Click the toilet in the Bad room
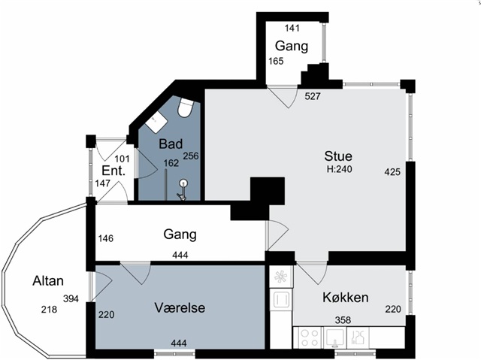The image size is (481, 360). tap(186, 107)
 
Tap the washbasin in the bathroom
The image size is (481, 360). tap(156, 122)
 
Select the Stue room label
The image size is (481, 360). tap(338, 156)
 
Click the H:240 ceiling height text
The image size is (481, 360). tap(339, 169)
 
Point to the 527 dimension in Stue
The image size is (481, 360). tap(313, 96)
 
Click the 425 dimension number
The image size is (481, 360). tap(392, 172)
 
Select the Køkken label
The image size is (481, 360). tap(346, 298)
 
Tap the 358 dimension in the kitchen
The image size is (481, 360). tap(343, 320)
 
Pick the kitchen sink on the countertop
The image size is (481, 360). tap(334, 337)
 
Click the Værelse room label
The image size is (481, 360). tap(180, 307)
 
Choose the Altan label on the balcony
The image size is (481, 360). tap(48, 281)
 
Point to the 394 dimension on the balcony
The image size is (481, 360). tap(71, 298)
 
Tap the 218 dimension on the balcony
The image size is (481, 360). tap(49, 310)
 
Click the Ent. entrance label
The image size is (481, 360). tap(113, 171)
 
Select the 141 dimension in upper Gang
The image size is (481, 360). tap(292, 29)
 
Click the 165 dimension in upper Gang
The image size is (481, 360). tap(276, 62)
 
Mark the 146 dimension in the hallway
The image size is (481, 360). tap(106, 238)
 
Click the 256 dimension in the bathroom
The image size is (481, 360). tap(191, 156)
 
